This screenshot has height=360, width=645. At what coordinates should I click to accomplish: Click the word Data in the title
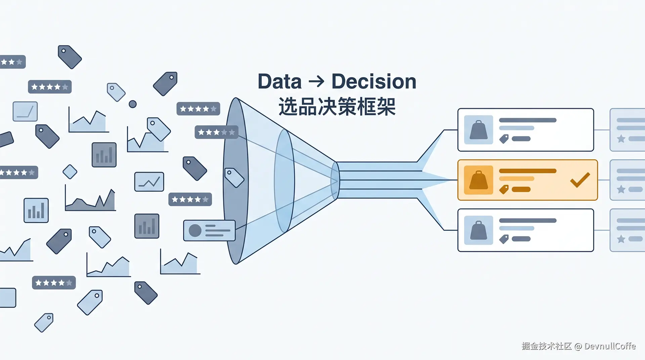pos(279,82)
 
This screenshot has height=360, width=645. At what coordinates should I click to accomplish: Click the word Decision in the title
pos(374,82)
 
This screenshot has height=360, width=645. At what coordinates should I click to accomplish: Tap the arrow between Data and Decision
pos(316,82)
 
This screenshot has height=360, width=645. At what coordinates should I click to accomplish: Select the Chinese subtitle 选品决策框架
pos(337,107)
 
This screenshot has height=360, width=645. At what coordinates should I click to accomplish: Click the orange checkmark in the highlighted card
pos(580,180)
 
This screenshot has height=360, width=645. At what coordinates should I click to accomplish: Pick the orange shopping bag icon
pos(478,180)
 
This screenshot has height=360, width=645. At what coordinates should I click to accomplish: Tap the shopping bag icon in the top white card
pos(478,130)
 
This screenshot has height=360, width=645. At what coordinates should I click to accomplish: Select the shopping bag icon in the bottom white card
pos(478,230)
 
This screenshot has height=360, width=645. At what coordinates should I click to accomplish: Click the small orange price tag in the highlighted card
pos(504,189)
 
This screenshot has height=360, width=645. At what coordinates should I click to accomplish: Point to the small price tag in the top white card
pos(504,139)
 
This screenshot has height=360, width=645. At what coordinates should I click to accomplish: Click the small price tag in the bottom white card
pos(504,239)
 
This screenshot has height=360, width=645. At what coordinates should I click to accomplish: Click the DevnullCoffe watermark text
pos(610,346)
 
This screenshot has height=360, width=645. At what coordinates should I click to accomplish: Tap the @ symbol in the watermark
pos(578,347)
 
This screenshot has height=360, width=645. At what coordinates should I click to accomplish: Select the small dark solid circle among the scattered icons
pos(133,104)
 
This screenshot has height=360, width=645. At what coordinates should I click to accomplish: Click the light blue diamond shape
pos(70,172)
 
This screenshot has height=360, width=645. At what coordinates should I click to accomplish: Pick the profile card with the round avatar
pos(209,230)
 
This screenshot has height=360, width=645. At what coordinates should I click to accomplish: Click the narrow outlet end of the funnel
pos(335,181)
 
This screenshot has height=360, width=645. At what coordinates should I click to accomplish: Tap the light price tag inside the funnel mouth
pos(234,177)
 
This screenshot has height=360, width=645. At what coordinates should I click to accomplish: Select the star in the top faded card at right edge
pos(621,139)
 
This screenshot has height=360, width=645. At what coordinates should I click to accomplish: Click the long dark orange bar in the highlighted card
pos(527,171)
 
